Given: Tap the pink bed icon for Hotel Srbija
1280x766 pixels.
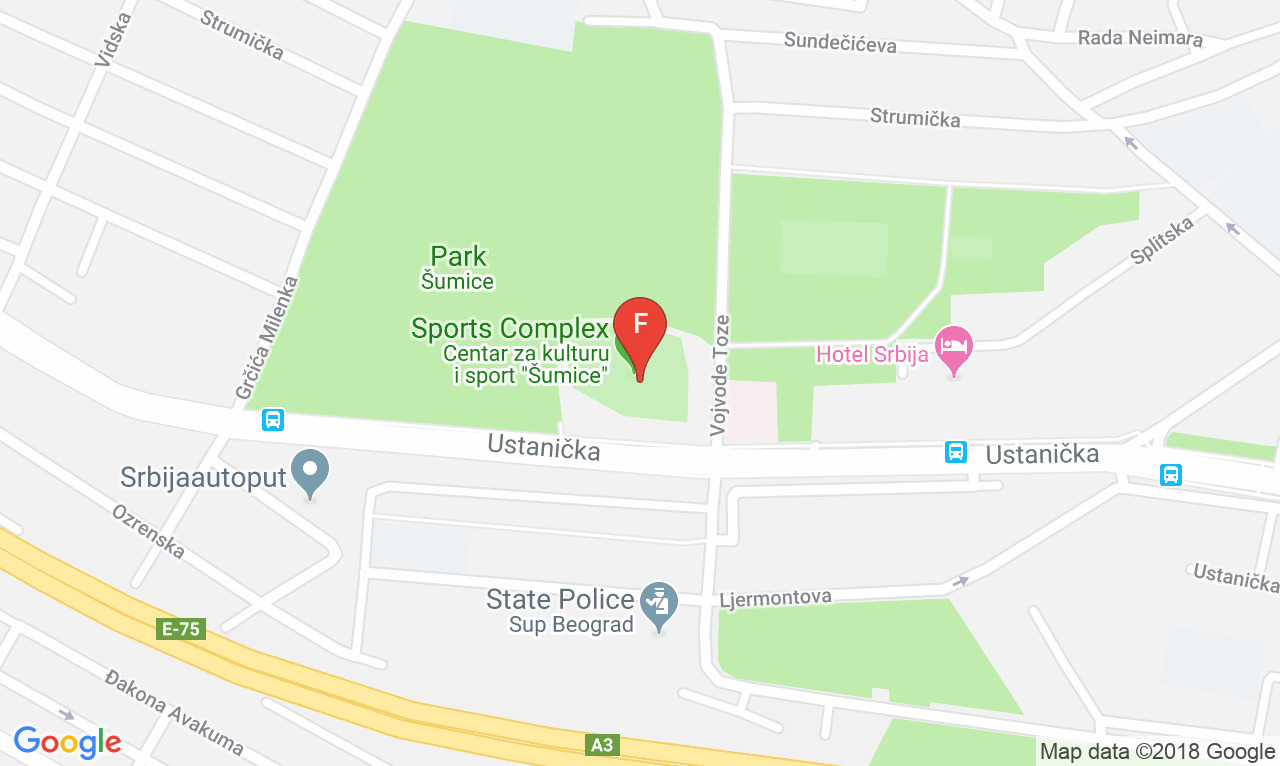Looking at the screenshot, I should [953, 347].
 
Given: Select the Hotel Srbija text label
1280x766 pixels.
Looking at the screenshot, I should [872, 354].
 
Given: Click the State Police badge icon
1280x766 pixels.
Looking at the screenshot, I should [659, 604].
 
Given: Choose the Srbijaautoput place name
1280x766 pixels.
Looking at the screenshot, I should [204, 477].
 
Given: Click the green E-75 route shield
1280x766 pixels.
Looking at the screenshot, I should [181, 629].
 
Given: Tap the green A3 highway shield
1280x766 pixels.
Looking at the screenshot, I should [601, 745].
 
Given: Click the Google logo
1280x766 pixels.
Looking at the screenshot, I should [67, 742].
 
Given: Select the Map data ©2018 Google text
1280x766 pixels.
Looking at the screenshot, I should [1157, 752].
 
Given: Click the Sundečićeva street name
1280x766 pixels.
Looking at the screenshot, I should [840, 43].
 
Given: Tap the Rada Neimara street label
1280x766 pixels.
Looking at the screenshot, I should [1140, 38].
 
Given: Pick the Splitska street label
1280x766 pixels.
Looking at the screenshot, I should [1163, 241].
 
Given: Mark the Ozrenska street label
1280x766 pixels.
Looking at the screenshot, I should [148, 531].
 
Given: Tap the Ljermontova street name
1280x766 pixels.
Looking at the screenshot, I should [776, 598].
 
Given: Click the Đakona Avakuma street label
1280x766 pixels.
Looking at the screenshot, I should [174, 713].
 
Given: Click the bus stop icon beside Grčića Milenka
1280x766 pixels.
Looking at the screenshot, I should [273, 420].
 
